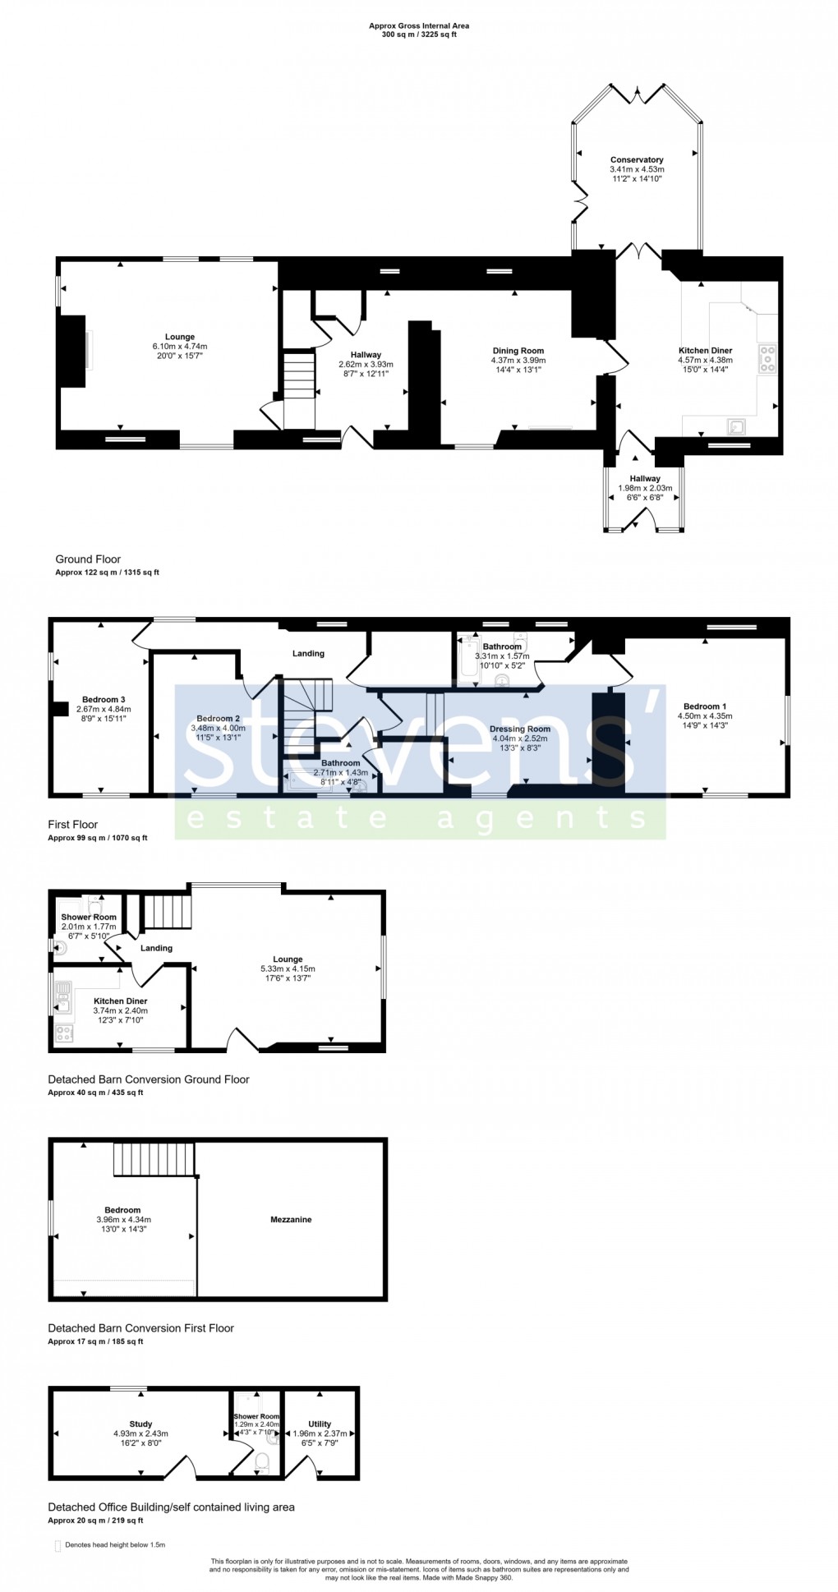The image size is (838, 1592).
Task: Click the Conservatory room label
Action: click(x=637, y=160)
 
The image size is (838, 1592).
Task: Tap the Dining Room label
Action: click(x=518, y=351)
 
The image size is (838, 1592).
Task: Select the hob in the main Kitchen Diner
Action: click(x=767, y=359)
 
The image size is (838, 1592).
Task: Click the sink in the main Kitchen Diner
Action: click(x=736, y=426)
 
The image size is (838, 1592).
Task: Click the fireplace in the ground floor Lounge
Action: click(x=74, y=351)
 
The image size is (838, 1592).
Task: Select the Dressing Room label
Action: click(x=520, y=729)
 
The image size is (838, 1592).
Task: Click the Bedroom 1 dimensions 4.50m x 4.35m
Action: click(x=705, y=716)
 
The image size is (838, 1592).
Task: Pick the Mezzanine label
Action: click(x=291, y=1220)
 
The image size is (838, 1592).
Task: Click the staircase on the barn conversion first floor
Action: click(x=155, y=1158)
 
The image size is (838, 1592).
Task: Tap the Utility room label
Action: click(x=320, y=1424)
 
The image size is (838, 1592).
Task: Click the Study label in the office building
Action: click(x=140, y=1424)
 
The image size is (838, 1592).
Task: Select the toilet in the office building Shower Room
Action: click(x=263, y=1461)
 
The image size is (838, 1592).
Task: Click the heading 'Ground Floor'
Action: click(x=88, y=559)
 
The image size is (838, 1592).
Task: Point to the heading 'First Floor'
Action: click(x=73, y=825)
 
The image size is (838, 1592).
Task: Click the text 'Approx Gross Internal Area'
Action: click(x=419, y=26)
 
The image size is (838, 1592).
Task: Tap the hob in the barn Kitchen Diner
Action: click(x=64, y=1033)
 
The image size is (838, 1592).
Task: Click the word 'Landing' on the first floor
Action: click(x=308, y=654)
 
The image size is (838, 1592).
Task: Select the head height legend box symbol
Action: click(x=58, y=1546)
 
